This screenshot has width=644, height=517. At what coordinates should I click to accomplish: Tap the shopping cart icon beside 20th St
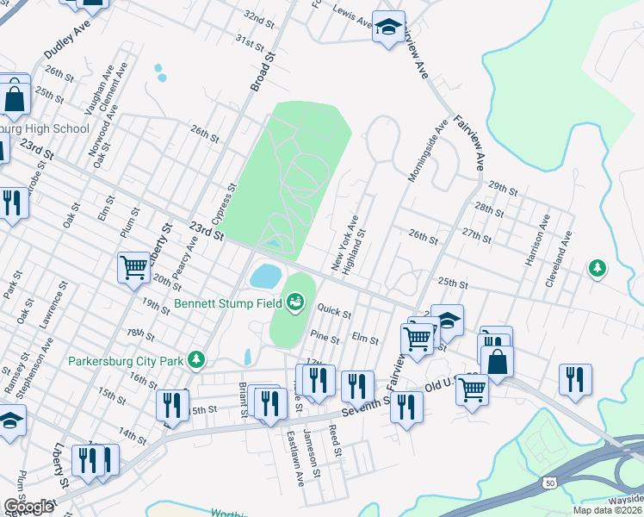[133, 267]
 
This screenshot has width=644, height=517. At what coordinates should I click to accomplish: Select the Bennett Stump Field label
[231, 303]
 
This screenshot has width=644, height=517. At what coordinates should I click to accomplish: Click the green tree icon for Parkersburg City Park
[197, 358]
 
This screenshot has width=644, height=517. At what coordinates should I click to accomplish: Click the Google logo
[28, 507]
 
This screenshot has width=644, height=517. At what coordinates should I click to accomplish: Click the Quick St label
[334, 308]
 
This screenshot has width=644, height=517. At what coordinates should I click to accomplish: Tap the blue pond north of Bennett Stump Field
[265, 277]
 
